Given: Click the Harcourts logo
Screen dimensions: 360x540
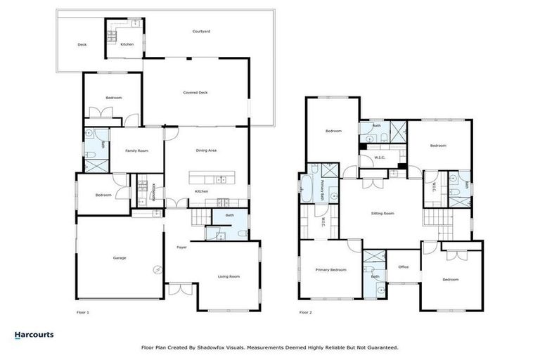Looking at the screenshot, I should click(x=34, y=335).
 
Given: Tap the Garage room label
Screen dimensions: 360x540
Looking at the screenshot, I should click(x=120, y=258).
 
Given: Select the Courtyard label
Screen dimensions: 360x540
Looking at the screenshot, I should click(x=202, y=32).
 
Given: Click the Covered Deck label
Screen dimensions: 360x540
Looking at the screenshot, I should click(x=195, y=92).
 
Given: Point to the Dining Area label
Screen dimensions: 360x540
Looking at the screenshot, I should click(x=205, y=150).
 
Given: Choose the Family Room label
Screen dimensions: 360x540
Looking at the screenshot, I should click(x=136, y=150).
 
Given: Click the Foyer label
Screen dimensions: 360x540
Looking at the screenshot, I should click(x=181, y=247).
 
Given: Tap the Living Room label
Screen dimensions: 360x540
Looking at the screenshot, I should click(x=228, y=276).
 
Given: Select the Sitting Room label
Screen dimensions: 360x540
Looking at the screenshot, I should click(x=382, y=213).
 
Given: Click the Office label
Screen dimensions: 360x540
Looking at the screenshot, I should click(x=403, y=266).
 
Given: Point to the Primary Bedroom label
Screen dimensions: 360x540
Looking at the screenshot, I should click(x=330, y=269).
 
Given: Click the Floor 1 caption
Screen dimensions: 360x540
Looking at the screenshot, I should click(x=83, y=311).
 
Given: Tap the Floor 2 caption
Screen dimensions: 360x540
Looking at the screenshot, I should click(x=305, y=311).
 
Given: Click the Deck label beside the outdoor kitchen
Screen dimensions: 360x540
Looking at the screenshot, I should click(x=82, y=45).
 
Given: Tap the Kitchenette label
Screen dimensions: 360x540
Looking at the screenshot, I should click(x=154, y=191).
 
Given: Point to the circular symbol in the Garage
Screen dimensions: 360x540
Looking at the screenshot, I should click(x=157, y=270).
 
